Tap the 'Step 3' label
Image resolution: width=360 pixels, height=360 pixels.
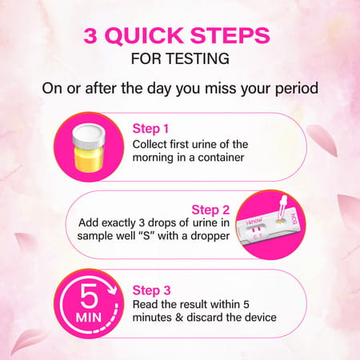click(151, 290)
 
